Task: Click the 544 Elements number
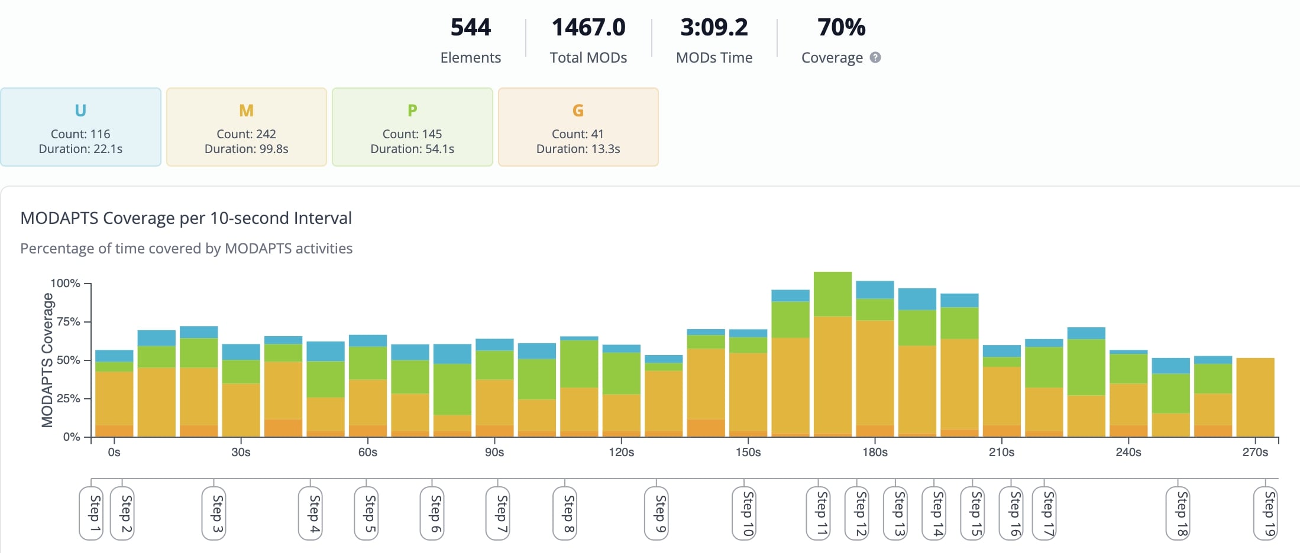coord(470,27)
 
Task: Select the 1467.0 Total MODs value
coord(588,27)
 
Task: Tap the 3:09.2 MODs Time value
coord(714,27)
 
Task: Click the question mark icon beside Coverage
coord(875,57)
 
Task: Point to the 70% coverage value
coord(841,27)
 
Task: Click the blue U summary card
coord(80,127)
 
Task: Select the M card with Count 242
coord(246,127)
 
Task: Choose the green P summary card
coord(412,127)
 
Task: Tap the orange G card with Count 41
coord(578,127)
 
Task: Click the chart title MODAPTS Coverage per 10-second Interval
coord(186,218)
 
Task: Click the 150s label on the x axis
coord(748,452)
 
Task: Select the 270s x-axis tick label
coord(1254,452)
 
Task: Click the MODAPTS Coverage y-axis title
coord(47,360)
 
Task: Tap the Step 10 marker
coord(748,513)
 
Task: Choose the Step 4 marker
coord(314,513)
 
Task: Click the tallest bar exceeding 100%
coord(832,354)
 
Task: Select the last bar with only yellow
coord(1255,397)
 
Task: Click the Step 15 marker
coord(976,513)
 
